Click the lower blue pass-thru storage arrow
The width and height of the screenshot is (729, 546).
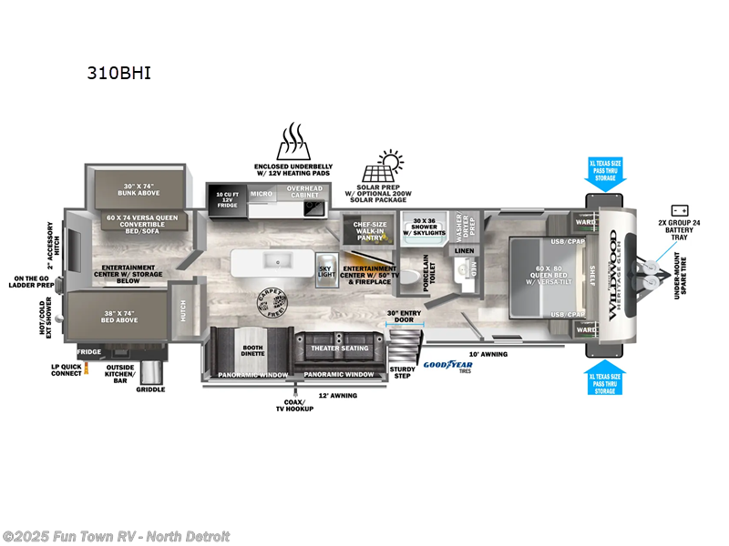[605, 379]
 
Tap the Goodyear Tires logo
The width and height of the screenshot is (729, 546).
[447, 366]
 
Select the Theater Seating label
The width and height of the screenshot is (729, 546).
[340, 349]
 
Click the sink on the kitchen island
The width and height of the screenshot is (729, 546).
[275, 261]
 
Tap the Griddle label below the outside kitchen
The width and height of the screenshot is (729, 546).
[150, 389]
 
